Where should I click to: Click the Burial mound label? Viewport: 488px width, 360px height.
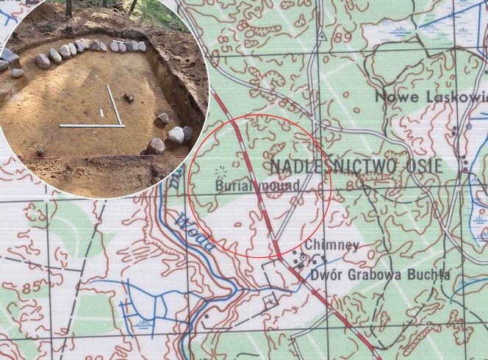(257, 187)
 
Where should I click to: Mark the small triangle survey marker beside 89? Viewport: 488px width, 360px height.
(322, 35)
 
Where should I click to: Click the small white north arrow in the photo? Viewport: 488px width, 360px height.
(101, 112)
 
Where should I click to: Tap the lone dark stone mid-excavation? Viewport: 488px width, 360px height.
(129, 96)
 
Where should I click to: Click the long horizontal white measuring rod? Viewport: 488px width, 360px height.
(91, 126)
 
